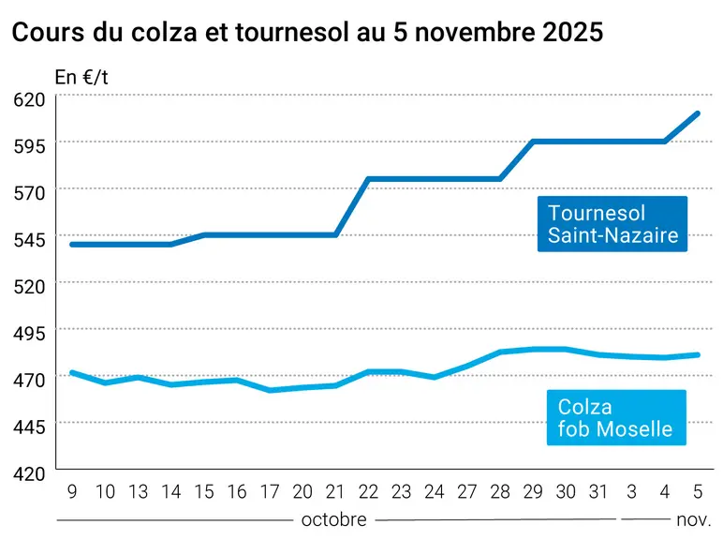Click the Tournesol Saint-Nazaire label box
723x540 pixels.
612,224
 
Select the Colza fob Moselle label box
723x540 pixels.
616,418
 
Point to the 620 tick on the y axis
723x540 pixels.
30,99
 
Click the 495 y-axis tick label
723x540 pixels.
30,333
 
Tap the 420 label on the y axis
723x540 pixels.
30,473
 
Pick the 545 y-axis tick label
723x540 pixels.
30,240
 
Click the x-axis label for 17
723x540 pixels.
270,492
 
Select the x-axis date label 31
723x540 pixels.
598,492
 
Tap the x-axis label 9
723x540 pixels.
72,492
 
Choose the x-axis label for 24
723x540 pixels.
435,492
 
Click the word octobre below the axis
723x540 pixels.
333,520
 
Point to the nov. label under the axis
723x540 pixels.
694,520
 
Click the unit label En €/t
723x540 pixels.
81,77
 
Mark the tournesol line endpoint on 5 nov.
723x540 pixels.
697,113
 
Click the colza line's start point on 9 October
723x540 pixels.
72,372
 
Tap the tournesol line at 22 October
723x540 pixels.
368,179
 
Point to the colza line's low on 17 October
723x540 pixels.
270,390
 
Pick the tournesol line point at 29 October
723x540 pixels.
533,142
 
